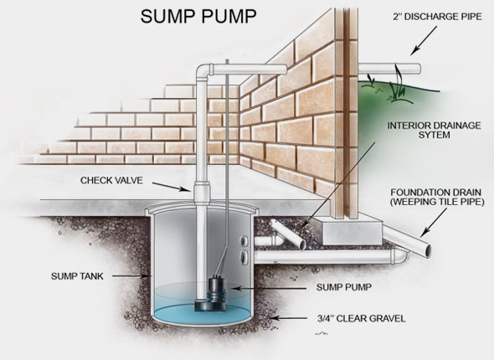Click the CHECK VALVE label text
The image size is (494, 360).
pos(111,179)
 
